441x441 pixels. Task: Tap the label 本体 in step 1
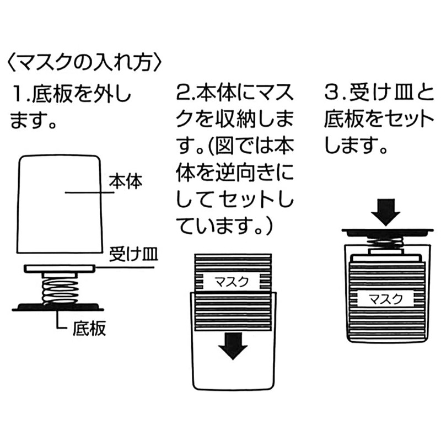[126, 182]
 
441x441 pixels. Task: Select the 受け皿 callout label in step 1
[133, 255]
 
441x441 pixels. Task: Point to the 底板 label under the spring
[89, 328]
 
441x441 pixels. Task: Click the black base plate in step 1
[58, 308]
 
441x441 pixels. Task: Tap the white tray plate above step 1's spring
[59, 269]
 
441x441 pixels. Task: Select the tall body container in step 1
[59, 204]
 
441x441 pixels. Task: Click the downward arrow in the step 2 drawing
[233, 346]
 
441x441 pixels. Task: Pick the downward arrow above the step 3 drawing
[385, 212]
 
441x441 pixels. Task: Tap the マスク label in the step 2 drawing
[232, 282]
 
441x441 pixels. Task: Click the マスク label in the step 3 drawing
[385, 299]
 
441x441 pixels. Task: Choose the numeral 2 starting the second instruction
[183, 94]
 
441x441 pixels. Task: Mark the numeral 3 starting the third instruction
[332, 94]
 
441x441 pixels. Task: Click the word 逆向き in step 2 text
[244, 172]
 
